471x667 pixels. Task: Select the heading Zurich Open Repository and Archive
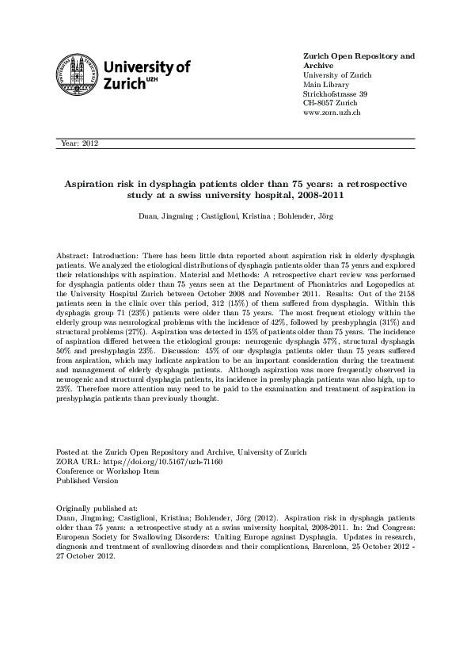(x=359, y=61)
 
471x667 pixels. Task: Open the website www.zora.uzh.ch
(x=332, y=112)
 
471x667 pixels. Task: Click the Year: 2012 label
(x=78, y=143)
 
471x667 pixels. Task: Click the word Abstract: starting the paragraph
(x=73, y=257)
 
